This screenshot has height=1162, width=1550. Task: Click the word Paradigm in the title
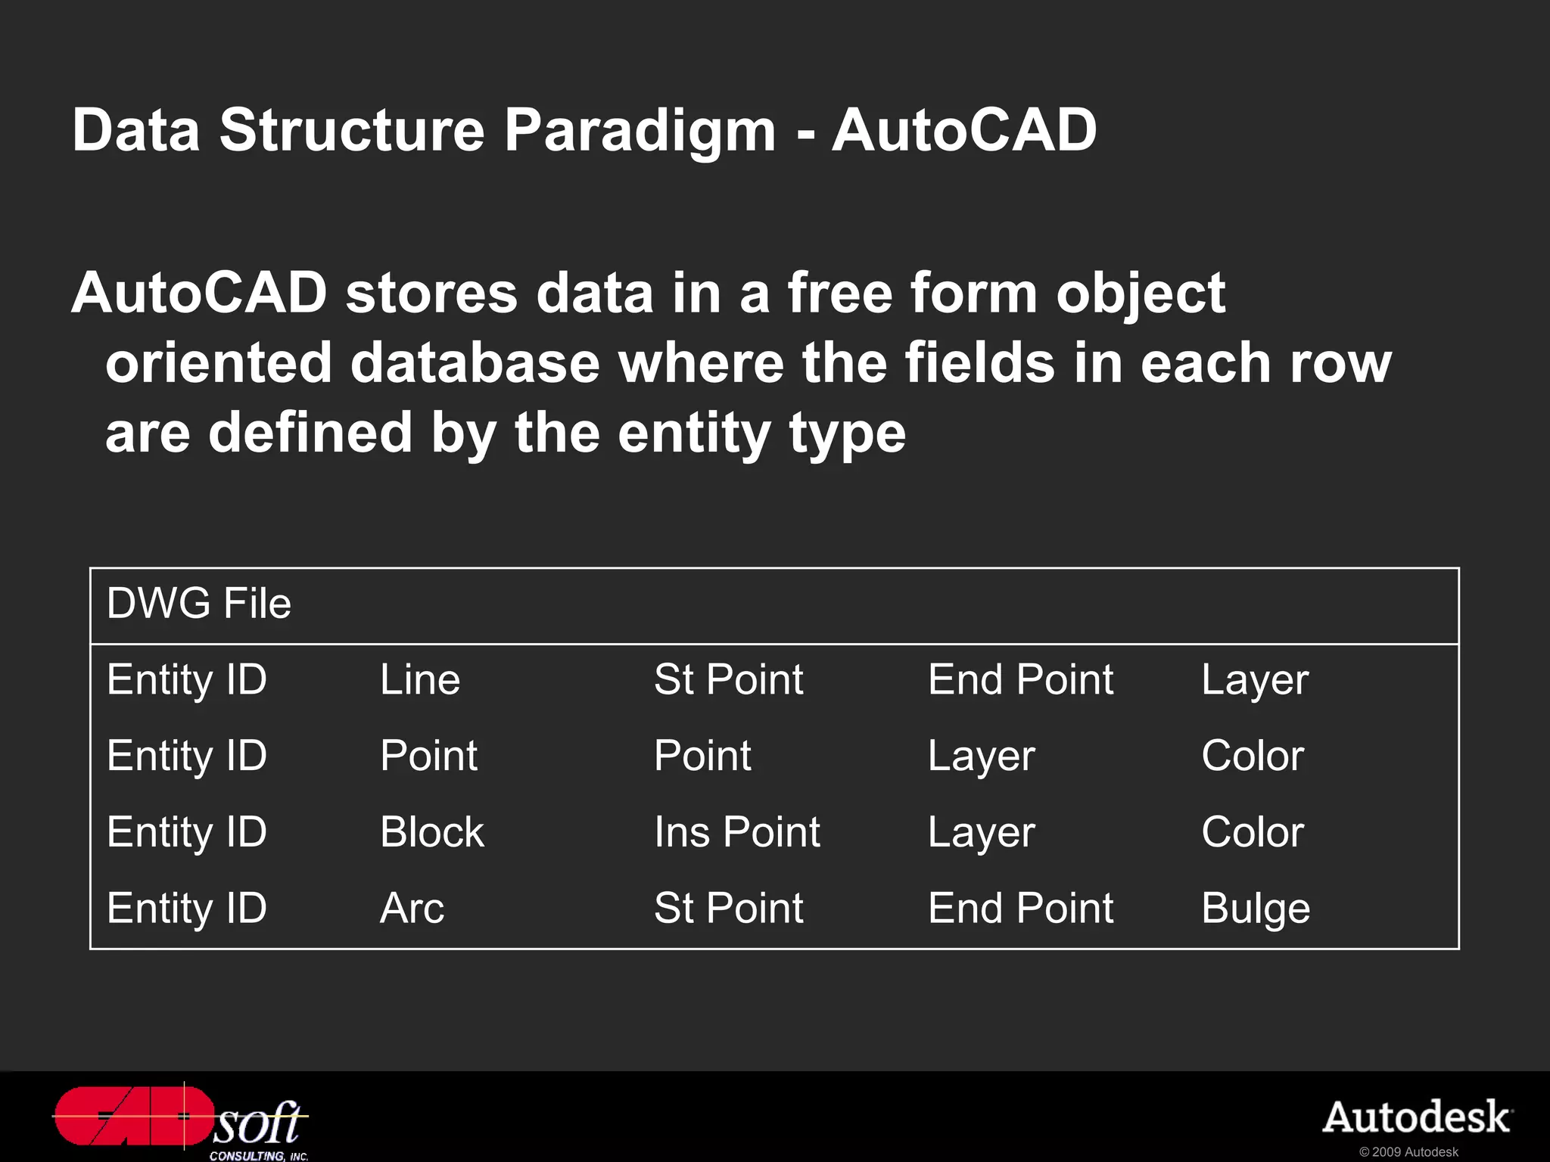pyautogui.click(x=640, y=130)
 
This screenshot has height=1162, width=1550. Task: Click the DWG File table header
pyautogui.click(x=199, y=604)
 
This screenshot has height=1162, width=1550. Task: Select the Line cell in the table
pyautogui.click(x=420, y=679)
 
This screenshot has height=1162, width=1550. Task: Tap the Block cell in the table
pyautogui.click(x=432, y=832)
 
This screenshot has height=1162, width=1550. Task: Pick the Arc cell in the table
pyautogui.click(x=412, y=908)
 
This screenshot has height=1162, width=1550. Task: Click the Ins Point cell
pyautogui.click(x=737, y=832)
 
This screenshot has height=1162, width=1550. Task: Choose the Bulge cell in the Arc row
pyautogui.click(x=1256, y=908)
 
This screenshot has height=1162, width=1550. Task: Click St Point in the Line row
pyautogui.click(x=728, y=679)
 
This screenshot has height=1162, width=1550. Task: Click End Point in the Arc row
pyautogui.click(x=1020, y=908)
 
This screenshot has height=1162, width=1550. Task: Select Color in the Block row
pyautogui.click(x=1253, y=832)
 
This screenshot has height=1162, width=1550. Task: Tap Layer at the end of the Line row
pyautogui.click(x=1255, y=679)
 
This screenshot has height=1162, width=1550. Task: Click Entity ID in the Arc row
pyautogui.click(x=187, y=908)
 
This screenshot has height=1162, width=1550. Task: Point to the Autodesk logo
pyautogui.click(x=1417, y=1117)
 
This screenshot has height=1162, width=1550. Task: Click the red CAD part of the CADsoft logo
pyautogui.click(x=132, y=1117)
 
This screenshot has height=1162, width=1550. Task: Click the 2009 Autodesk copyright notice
pyautogui.click(x=1408, y=1151)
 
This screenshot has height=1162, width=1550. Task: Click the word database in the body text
pyautogui.click(x=475, y=363)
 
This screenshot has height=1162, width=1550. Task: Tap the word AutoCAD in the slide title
pyautogui.click(x=964, y=130)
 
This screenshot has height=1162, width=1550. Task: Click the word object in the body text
pyautogui.click(x=1141, y=294)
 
